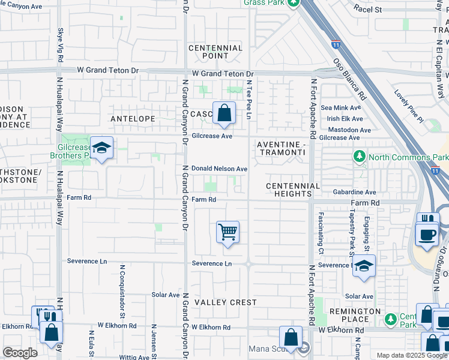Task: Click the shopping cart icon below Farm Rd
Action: pyautogui.click(x=228, y=232)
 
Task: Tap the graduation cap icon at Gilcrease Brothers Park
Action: pyautogui.click(x=102, y=148)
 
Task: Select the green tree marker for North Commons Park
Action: pyautogui.click(x=360, y=157)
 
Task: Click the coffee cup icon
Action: pyautogui.click(x=426, y=235)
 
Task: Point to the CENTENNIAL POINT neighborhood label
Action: pyautogui.click(x=215, y=52)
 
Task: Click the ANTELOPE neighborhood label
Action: pyautogui.click(x=133, y=119)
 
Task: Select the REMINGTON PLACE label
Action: pyautogui.click(x=354, y=316)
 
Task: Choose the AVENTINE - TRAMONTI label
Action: pyautogui.click(x=281, y=149)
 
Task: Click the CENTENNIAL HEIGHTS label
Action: pyautogui.click(x=293, y=190)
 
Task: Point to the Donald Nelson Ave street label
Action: pyautogui.click(x=219, y=169)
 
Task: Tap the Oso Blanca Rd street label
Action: pyautogui.click(x=349, y=78)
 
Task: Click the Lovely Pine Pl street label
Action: pyautogui.click(x=409, y=107)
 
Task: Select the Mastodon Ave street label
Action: pyautogui.click(x=346, y=129)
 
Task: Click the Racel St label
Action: pyautogui.click(x=367, y=9)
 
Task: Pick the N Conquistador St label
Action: pyautogui.click(x=122, y=291)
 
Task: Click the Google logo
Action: pyautogui.click(x=20, y=352)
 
